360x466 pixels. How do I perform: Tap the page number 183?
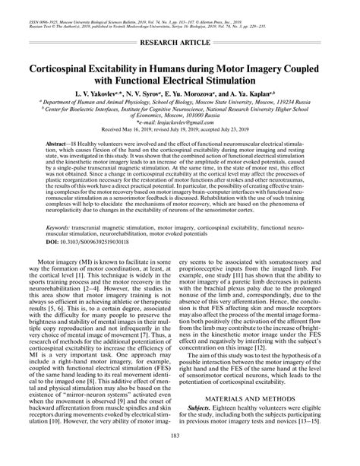pyautogui.click(x=180, y=454)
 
